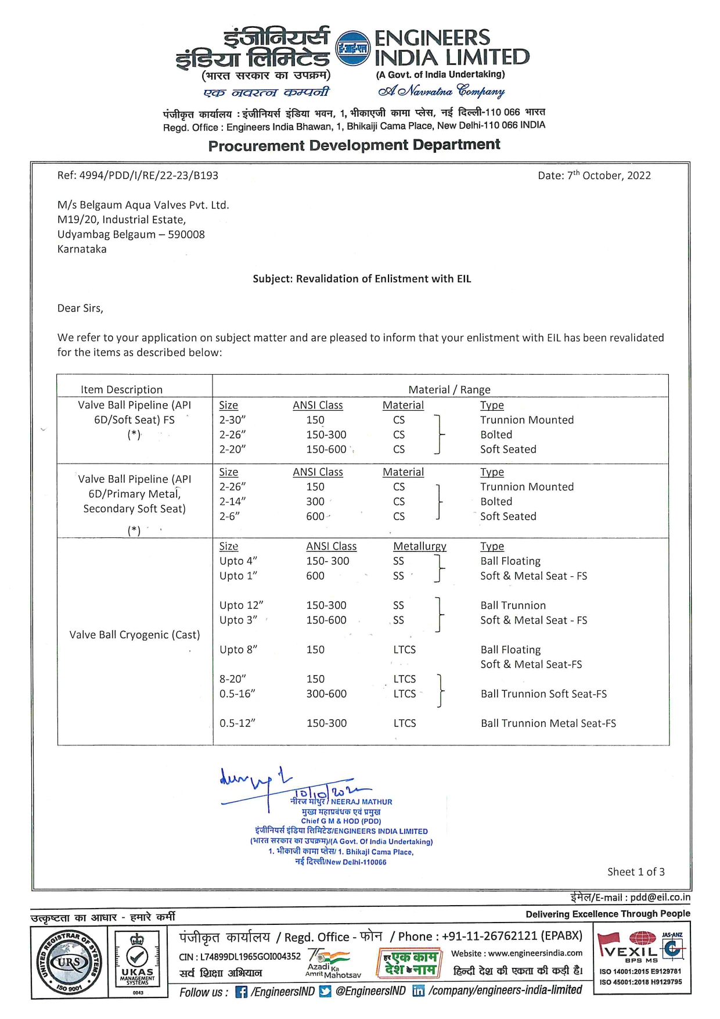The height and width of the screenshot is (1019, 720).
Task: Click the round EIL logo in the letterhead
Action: coord(353,49)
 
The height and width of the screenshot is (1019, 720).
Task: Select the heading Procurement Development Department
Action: coord(354,145)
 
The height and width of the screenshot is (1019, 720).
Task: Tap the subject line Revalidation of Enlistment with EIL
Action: coord(362,279)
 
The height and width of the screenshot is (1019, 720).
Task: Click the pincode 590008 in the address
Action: coord(186,235)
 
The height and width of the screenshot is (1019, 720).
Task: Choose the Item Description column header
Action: coord(121,390)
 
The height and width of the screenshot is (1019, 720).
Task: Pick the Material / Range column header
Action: coord(449,390)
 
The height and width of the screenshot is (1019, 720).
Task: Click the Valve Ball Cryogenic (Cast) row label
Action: coord(134,635)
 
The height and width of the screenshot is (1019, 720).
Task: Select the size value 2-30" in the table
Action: coord(232,420)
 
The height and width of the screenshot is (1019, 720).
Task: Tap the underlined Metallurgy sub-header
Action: coord(419,547)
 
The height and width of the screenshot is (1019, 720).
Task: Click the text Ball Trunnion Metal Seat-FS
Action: coord(548,723)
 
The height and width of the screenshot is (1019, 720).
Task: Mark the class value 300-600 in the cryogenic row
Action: coord(326,694)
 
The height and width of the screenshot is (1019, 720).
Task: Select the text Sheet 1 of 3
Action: coord(636,872)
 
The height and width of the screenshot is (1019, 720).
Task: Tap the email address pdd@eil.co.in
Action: coord(660,898)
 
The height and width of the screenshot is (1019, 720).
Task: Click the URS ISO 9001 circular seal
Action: coord(69,963)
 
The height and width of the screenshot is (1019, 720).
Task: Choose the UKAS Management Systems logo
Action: coord(138,963)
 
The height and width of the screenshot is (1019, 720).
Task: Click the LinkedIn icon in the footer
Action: coord(418,991)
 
